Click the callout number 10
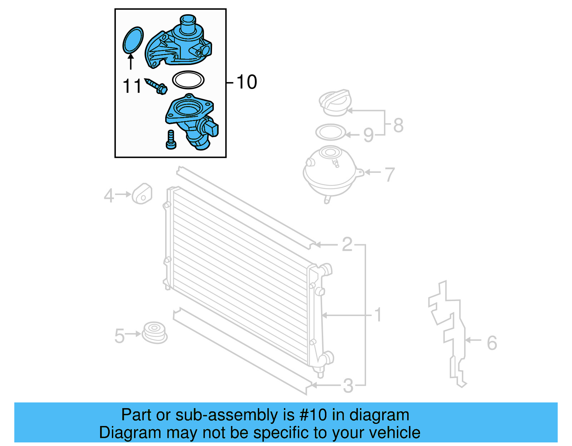click(247, 82)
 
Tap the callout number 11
click(132, 86)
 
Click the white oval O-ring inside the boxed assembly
click(188, 80)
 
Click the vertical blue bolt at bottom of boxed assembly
click(171, 140)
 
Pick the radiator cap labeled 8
click(335, 102)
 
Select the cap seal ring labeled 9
click(331, 132)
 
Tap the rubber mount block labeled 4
click(142, 194)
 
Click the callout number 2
click(347, 245)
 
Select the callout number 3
click(348, 386)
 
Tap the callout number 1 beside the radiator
click(378, 315)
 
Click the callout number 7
click(389, 175)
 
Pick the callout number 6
click(492, 343)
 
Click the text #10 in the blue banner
click(313, 415)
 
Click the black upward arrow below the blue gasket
click(131, 61)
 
